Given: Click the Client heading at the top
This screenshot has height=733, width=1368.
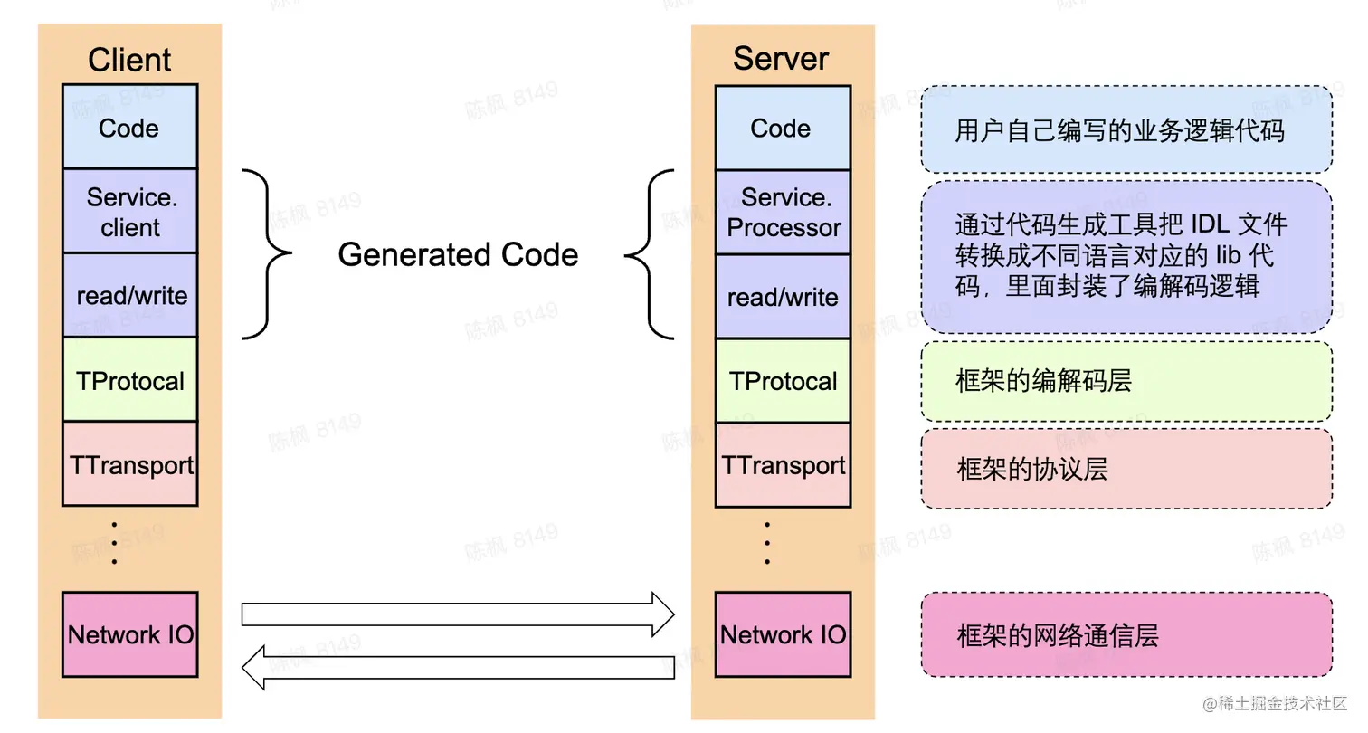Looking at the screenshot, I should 129,60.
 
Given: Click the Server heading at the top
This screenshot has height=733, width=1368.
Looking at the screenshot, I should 781,58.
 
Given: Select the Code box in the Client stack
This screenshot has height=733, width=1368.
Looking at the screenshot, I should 129,128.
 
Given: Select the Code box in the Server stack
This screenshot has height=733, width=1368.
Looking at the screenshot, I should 783,128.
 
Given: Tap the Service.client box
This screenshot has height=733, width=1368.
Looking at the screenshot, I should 129,211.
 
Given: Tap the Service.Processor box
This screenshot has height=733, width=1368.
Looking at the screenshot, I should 783,212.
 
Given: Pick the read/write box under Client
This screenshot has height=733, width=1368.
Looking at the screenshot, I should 129,295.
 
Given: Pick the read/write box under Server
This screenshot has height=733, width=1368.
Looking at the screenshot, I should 783,297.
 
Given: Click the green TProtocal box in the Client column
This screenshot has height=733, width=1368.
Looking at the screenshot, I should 129,380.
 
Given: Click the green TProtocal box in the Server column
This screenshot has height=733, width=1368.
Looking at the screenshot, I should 783,381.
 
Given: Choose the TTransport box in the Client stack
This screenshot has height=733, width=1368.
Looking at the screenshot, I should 129,464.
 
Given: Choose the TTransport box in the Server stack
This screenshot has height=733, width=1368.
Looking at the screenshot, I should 783,465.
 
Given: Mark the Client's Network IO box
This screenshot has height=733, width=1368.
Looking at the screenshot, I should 129,634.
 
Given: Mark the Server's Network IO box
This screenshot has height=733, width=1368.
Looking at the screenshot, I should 783,634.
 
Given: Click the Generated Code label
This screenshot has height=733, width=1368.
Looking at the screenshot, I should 458,254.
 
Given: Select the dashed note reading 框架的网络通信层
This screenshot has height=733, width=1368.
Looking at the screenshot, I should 1126,634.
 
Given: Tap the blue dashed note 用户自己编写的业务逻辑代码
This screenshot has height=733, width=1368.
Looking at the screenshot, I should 1126,129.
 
